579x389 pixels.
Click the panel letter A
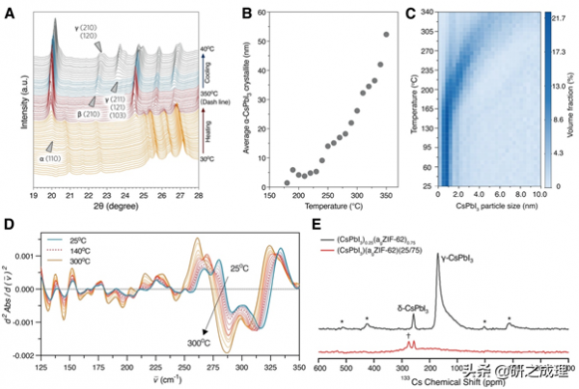tap(10, 14)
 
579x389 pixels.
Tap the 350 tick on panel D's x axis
tap(298, 371)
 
